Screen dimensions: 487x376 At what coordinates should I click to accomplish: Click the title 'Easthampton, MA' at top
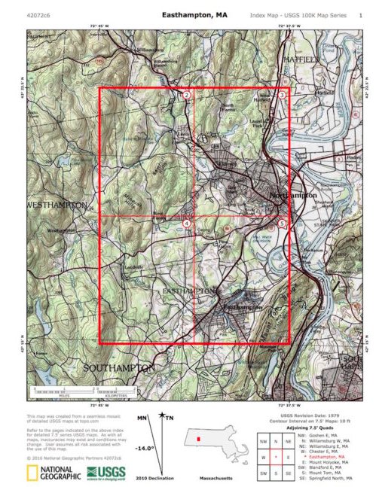point(194,14)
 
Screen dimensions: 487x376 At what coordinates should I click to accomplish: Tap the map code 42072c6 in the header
point(38,14)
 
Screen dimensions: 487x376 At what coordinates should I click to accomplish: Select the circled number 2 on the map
point(187,95)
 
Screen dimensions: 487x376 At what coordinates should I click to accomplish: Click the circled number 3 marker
point(282,95)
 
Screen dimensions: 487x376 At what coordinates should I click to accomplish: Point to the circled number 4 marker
point(187,224)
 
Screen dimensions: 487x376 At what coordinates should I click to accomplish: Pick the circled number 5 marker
point(282,224)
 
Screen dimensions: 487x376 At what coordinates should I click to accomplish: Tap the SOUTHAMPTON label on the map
point(119,367)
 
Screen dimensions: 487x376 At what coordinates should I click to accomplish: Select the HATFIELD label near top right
point(301,58)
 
